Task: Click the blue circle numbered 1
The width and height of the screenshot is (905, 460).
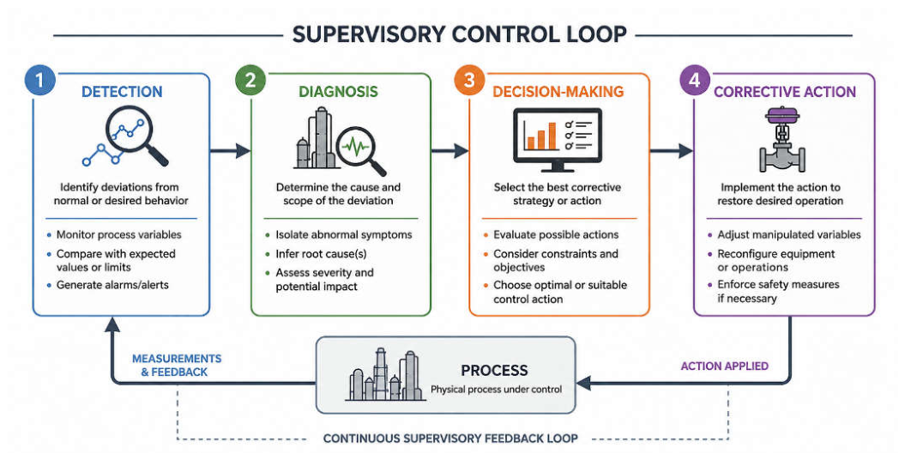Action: tap(39, 80)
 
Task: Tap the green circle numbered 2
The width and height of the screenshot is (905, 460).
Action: tap(250, 80)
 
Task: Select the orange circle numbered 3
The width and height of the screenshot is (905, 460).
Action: tap(468, 80)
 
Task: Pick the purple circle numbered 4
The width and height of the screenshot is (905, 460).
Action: tap(694, 80)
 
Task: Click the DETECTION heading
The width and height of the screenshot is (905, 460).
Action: tap(122, 92)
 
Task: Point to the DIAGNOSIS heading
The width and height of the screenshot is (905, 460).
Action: tap(338, 92)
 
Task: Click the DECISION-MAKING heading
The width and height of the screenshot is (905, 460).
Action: tap(558, 92)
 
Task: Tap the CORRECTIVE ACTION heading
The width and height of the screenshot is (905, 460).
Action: tap(785, 92)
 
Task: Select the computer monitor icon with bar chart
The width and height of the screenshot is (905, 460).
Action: tap(558, 140)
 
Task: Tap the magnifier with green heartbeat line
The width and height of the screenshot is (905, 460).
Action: tap(360, 150)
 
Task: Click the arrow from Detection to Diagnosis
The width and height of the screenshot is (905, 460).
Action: tap(230, 151)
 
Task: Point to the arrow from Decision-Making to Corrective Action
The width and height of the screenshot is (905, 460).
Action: tap(672, 151)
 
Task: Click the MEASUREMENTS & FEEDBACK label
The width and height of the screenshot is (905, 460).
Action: tap(177, 366)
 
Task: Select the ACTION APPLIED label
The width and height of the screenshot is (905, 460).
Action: tap(724, 366)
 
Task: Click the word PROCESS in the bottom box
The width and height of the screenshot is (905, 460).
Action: tap(494, 370)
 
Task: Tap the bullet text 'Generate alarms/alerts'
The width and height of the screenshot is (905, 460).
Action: tap(112, 285)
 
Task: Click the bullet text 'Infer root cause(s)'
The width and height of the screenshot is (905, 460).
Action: tap(321, 254)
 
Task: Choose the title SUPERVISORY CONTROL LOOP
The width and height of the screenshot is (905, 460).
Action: tap(460, 34)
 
